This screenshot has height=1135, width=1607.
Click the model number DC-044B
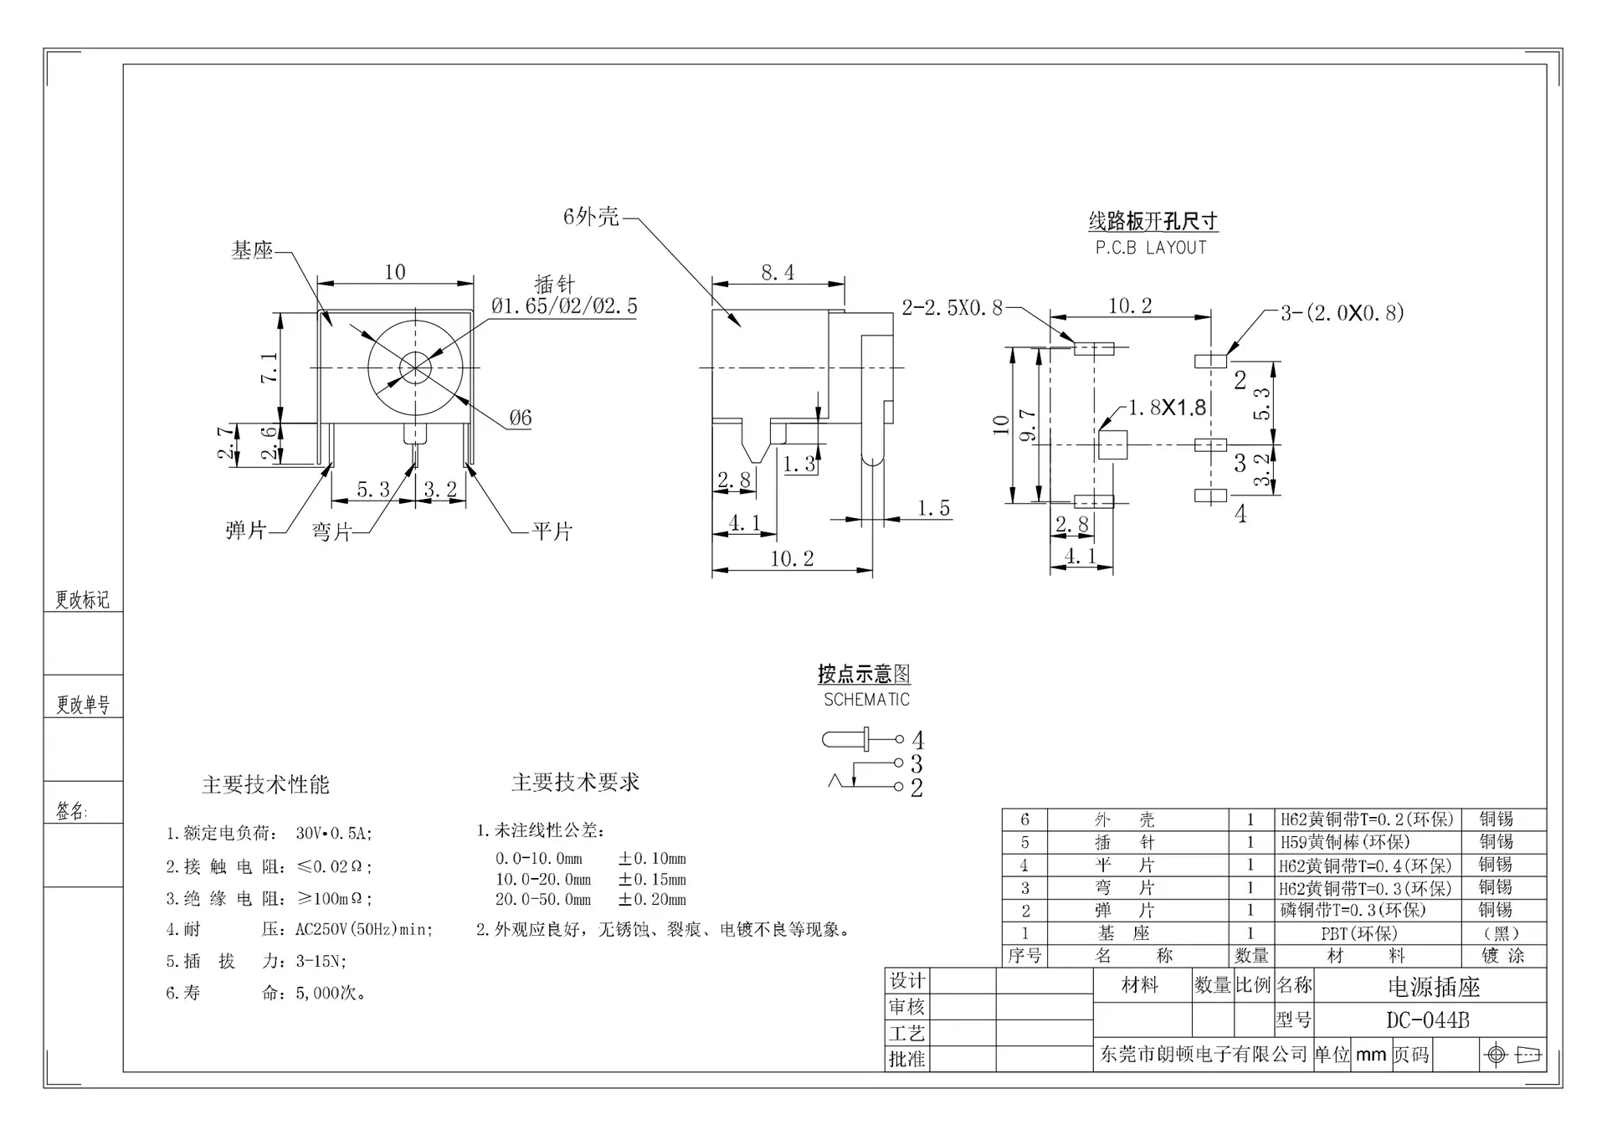(1427, 1020)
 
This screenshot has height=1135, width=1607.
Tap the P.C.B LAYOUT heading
(1151, 248)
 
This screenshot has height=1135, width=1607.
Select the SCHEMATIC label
(866, 700)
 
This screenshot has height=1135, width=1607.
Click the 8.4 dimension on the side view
(778, 272)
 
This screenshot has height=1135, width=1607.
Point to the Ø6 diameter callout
(520, 418)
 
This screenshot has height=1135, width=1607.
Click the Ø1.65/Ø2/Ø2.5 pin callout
(564, 306)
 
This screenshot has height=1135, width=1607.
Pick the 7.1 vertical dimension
(270, 367)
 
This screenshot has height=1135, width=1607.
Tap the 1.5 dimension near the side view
(933, 508)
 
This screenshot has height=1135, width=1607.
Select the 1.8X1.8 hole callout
(1167, 408)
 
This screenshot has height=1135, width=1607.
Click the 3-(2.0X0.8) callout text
(1343, 313)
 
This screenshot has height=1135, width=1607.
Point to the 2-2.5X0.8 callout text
(952, 308)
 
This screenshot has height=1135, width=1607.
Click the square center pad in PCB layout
(1112, 444)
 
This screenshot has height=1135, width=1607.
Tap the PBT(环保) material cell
(1359, 933)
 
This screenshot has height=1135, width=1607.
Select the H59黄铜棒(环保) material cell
(1345, 842)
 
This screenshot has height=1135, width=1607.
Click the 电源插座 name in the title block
(1434, 988)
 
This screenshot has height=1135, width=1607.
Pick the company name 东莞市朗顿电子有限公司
(1203, 1055)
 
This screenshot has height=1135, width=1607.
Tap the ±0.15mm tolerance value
(652, 880)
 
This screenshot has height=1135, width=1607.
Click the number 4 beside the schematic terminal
(918, 741)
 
